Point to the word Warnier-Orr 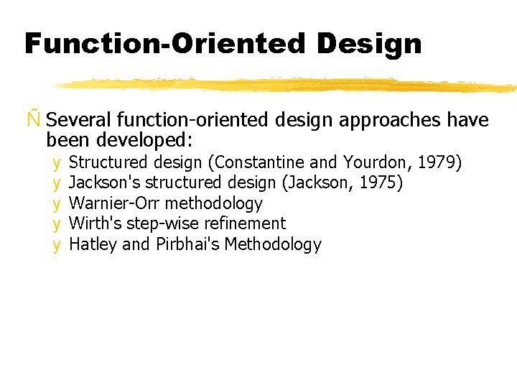click(115, 203)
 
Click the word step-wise click(159, 223)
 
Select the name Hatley click(93, 244)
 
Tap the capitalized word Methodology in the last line click(273, 244)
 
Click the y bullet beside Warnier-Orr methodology click(56, 204)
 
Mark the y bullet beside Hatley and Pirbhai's click(56, 245)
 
